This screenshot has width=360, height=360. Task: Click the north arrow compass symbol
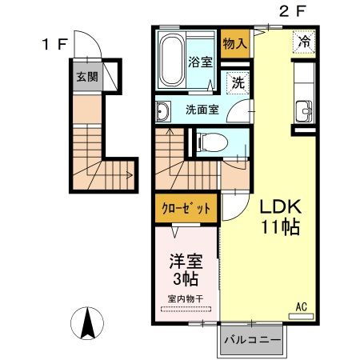click(87, 323)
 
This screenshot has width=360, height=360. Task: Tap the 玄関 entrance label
click(87, 77)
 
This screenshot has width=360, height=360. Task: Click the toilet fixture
click(212, 142)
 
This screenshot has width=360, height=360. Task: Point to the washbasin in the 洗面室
click(162, 112)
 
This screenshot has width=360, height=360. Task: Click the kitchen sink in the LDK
click(304, 111)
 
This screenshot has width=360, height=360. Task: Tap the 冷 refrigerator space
click(304, 42)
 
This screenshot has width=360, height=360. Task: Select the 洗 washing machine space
click(238, 82)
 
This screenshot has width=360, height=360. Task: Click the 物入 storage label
click(235, 44)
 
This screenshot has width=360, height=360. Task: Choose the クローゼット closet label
click(186, 208)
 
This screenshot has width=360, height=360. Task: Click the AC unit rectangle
click(301, 317)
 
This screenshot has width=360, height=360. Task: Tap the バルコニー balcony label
click(252, 340)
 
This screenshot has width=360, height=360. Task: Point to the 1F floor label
click(54, 44)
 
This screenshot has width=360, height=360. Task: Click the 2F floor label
click(292, 12)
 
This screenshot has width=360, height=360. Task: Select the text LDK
click(281, 206)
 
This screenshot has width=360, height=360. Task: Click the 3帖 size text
click(186, 279)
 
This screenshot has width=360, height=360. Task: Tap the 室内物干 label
click(186, 298)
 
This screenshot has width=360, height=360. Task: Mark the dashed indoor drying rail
click(186, 310)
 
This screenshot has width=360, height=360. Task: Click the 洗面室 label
click(202, 110)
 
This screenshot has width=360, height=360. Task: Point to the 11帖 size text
click(281, 227)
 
